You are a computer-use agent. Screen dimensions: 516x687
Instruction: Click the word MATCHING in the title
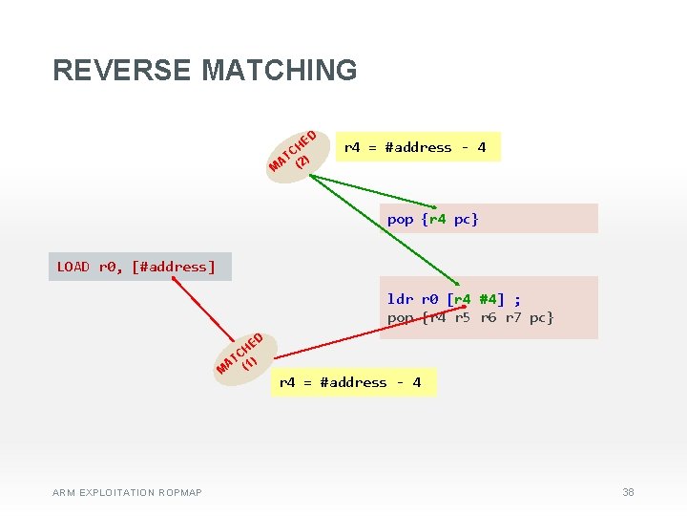coord(280,70)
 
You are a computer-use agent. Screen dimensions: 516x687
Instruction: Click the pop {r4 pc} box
coord(488,219)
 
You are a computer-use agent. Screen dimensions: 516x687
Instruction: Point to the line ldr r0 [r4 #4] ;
coord(453,298)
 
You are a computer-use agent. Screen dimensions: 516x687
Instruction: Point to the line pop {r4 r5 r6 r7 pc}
coord(470,317)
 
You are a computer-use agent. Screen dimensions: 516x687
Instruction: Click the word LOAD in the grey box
coord(73,267)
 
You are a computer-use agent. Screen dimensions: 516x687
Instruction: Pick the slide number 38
coord(628,492)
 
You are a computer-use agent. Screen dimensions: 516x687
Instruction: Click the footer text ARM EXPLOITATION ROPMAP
coord(127,493)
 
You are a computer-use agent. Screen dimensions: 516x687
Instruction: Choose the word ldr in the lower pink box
coord(399,298)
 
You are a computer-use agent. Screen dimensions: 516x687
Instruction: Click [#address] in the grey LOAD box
coord(177,267)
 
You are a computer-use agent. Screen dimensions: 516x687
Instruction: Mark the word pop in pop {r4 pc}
coord(400,220)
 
